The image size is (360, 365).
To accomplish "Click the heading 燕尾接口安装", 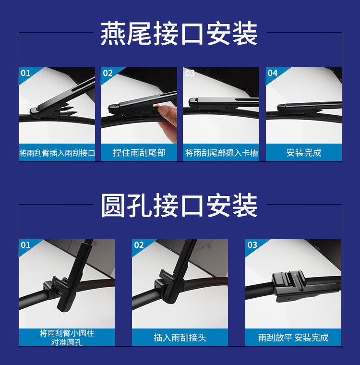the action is click(x=179, y=33).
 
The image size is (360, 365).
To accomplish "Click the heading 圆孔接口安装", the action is click(x=179, y=205).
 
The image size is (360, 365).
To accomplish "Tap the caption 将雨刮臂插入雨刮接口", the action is click(x=57, y=153).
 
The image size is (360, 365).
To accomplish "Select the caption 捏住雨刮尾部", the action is click(x=139, y=153).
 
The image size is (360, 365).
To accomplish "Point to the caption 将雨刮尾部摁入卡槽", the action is click(x=222, y=153).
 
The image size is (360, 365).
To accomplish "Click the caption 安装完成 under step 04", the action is click(x=304, y=153).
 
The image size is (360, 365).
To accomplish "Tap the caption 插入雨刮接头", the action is click(x=180, y=338).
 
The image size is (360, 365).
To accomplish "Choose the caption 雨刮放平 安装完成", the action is click(x=293, y=338).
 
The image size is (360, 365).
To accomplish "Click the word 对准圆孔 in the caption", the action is click(x=67, y=342).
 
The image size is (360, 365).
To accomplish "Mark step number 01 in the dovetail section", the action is click(x=25, y=73).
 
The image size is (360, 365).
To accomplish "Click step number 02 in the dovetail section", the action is click(x=108, y=73).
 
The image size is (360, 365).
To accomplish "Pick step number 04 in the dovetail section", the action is click(x=273, y=73).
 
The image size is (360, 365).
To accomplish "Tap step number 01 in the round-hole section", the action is click(x=25, y=245).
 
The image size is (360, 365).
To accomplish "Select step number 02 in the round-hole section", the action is click(x=139, y=245).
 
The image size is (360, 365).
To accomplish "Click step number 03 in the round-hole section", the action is click(x=252, y=245).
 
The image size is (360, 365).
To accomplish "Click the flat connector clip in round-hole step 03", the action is click(x=288, y=285).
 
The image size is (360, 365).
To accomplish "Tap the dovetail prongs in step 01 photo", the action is click(x=68, y=111).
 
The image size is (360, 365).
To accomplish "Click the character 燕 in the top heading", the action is click(x=113, y=33).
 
